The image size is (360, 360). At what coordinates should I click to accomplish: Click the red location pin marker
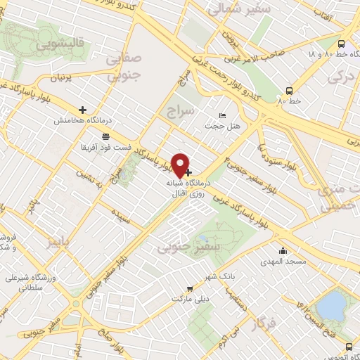[181, 164]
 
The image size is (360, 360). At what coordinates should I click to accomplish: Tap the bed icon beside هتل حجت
[224, 115]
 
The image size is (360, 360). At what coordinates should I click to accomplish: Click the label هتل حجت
[218, 126]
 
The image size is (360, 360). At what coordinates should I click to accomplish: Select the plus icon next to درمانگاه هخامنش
[83, 110]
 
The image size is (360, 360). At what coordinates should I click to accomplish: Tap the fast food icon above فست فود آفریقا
[105, 136]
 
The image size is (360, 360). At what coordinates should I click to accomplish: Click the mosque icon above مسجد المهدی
[283, 250]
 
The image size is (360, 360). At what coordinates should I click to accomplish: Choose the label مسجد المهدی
[286, 262]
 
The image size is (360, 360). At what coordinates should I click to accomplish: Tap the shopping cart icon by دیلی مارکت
[190, 288]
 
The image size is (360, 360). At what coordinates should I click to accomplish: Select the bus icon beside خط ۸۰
[289, 91]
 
